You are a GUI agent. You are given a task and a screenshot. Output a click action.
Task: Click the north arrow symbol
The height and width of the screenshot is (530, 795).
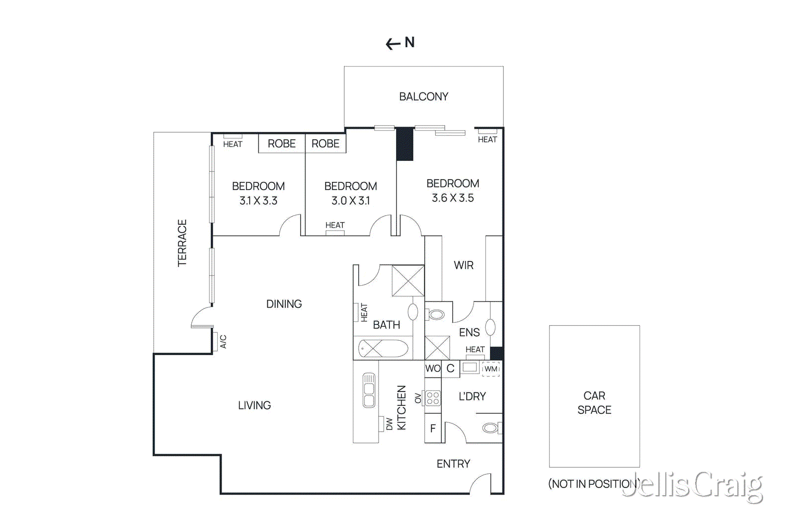394,44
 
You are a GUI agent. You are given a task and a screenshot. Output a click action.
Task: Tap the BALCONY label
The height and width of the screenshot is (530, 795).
423,96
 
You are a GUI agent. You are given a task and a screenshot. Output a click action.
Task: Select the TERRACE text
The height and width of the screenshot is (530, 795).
182,243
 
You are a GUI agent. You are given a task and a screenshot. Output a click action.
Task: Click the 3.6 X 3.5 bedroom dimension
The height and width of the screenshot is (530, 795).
453,198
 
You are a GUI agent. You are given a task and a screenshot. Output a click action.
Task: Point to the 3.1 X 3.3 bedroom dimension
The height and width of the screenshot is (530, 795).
258,201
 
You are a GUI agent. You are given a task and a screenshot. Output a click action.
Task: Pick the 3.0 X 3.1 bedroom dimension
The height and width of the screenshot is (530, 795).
350,201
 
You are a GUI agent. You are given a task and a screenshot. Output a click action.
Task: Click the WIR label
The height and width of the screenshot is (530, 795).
464,265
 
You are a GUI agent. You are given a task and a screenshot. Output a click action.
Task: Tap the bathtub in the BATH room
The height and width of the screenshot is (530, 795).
383,348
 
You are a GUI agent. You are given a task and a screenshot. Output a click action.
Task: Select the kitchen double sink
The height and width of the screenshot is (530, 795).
369,390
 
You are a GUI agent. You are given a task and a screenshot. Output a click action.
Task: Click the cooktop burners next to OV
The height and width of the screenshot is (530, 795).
433,398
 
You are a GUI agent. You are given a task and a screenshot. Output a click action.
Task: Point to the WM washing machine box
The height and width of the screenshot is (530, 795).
491,369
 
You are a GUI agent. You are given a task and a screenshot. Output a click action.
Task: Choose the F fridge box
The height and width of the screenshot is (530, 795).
433,428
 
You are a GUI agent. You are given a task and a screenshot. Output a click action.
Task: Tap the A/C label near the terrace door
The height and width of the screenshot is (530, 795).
223,341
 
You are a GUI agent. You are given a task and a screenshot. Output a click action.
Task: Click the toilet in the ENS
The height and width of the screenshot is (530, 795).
436,314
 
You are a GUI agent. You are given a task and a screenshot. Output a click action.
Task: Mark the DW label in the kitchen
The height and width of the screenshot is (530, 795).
389,424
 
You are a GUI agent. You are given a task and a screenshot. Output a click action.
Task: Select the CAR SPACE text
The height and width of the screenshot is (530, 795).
594,403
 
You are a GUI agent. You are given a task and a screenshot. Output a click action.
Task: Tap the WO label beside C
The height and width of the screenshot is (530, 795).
433,369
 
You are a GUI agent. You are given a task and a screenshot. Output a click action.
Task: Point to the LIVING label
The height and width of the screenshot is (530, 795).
254,405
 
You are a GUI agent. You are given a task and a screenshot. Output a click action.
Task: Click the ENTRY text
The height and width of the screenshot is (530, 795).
453,464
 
